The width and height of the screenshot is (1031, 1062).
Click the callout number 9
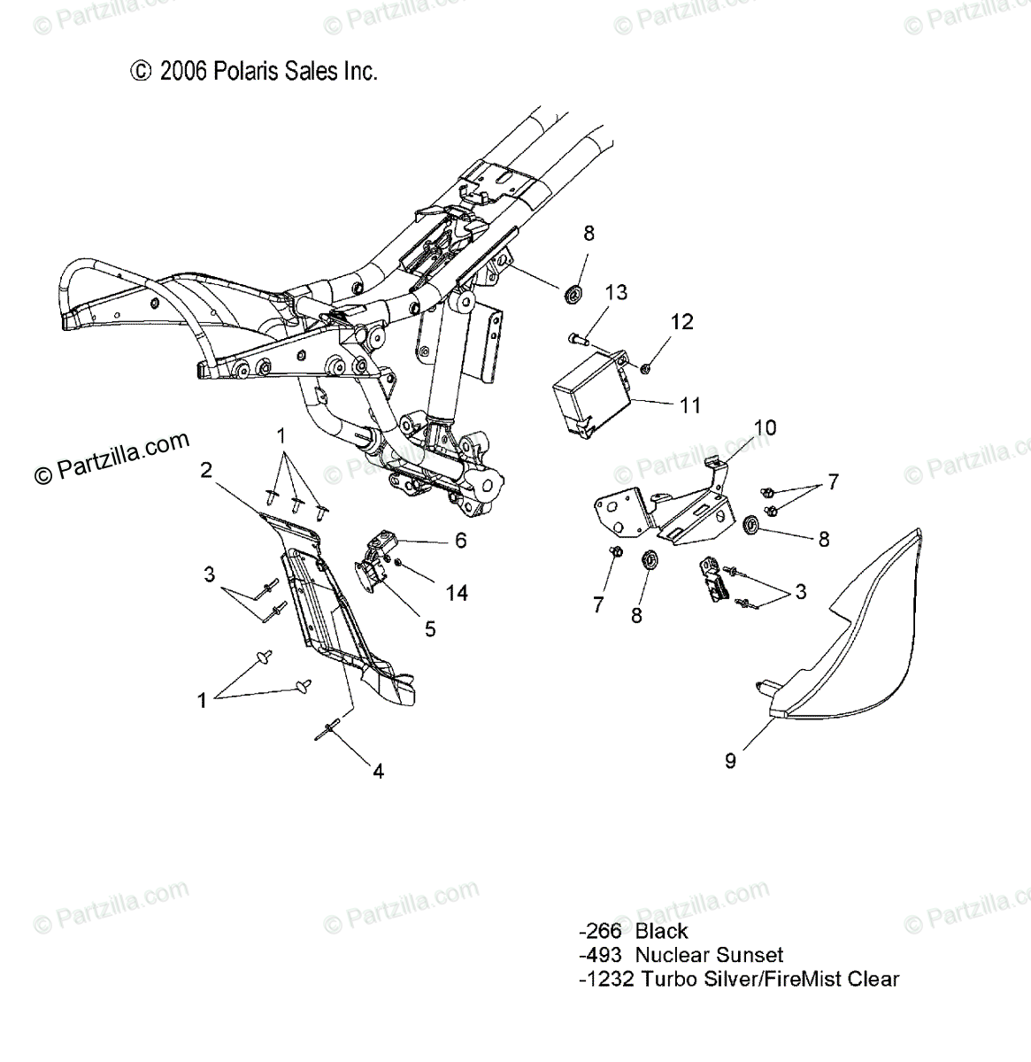click(x=730, y=760)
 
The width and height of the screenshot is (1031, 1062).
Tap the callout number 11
click(x=689, y=405)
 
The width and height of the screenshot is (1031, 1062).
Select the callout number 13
click(x=616, y=292)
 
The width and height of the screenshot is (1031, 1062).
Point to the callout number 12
click(x=681, y=322)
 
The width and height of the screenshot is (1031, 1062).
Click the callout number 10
click(x=765, y=428)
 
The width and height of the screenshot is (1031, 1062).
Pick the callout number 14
click(x=457, y=593)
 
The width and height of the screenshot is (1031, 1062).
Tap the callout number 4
click(x=378, y=771)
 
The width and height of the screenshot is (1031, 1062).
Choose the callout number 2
click(x=205, y=470)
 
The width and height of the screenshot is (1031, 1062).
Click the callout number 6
click(x=460, y=540)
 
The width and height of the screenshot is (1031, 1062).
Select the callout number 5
click(x=430, y=628)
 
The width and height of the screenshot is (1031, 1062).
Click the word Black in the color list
click(x=661, y=930)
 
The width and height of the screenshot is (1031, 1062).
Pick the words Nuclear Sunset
click(x=709, y=955)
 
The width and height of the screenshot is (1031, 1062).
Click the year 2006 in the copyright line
click(x=183, y=72)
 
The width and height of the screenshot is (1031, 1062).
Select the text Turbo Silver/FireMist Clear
click(x=770, y=979)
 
